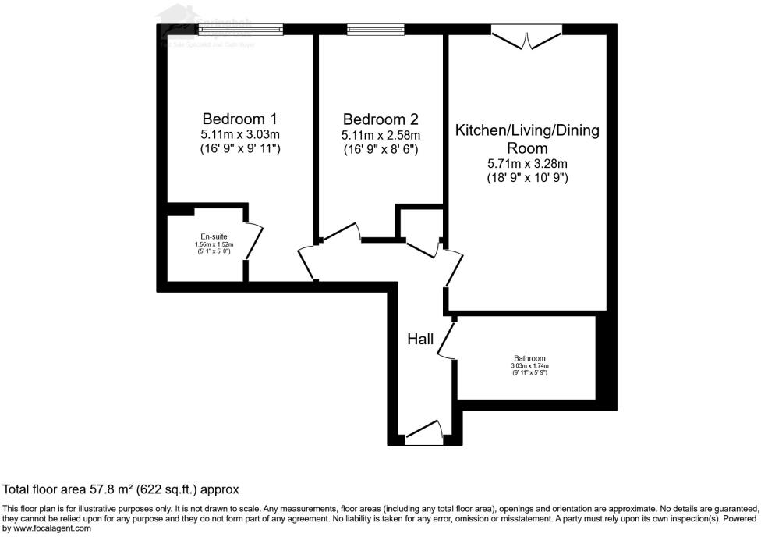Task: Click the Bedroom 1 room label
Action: tap(239, 119)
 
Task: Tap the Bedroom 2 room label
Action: tap(380, 119)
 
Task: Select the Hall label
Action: tap(420, 339)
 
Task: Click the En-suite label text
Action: tap(214, 236)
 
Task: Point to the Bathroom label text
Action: tap(529, 358)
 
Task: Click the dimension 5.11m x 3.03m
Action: tap(239, 134)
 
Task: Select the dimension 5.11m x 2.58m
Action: tap(380, 134)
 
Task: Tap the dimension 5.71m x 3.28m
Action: tap(527, 163)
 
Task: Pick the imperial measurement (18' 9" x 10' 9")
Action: tap(527, 178)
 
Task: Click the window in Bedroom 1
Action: tap(239, 30)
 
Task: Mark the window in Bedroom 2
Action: tap(375, 30)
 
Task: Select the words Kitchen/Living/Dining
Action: tap(527, 130)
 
